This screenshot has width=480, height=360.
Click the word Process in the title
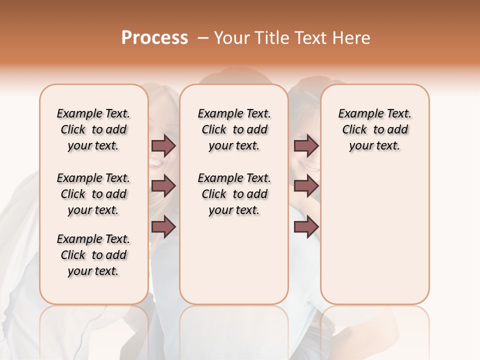point(154,38)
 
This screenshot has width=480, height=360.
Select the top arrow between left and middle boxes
point(163,145)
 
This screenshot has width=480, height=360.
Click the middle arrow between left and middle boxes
point(163,186)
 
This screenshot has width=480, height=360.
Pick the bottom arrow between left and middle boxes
point(163,227)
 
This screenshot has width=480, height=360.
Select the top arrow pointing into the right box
point(306,145)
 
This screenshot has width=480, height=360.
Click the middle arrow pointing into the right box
point(306,186)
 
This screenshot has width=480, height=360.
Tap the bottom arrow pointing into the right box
point(306,227)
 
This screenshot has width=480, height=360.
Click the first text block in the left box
point(93,129)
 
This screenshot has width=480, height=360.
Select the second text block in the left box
point(93,194)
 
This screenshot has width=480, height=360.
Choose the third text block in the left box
point(93,255)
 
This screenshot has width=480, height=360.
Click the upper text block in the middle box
point(234,129)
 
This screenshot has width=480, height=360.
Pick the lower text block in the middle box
point(234,194)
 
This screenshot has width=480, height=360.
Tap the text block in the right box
point(374,129)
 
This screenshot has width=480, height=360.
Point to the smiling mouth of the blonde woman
point(155,162)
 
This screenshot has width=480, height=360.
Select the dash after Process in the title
point(203,38)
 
